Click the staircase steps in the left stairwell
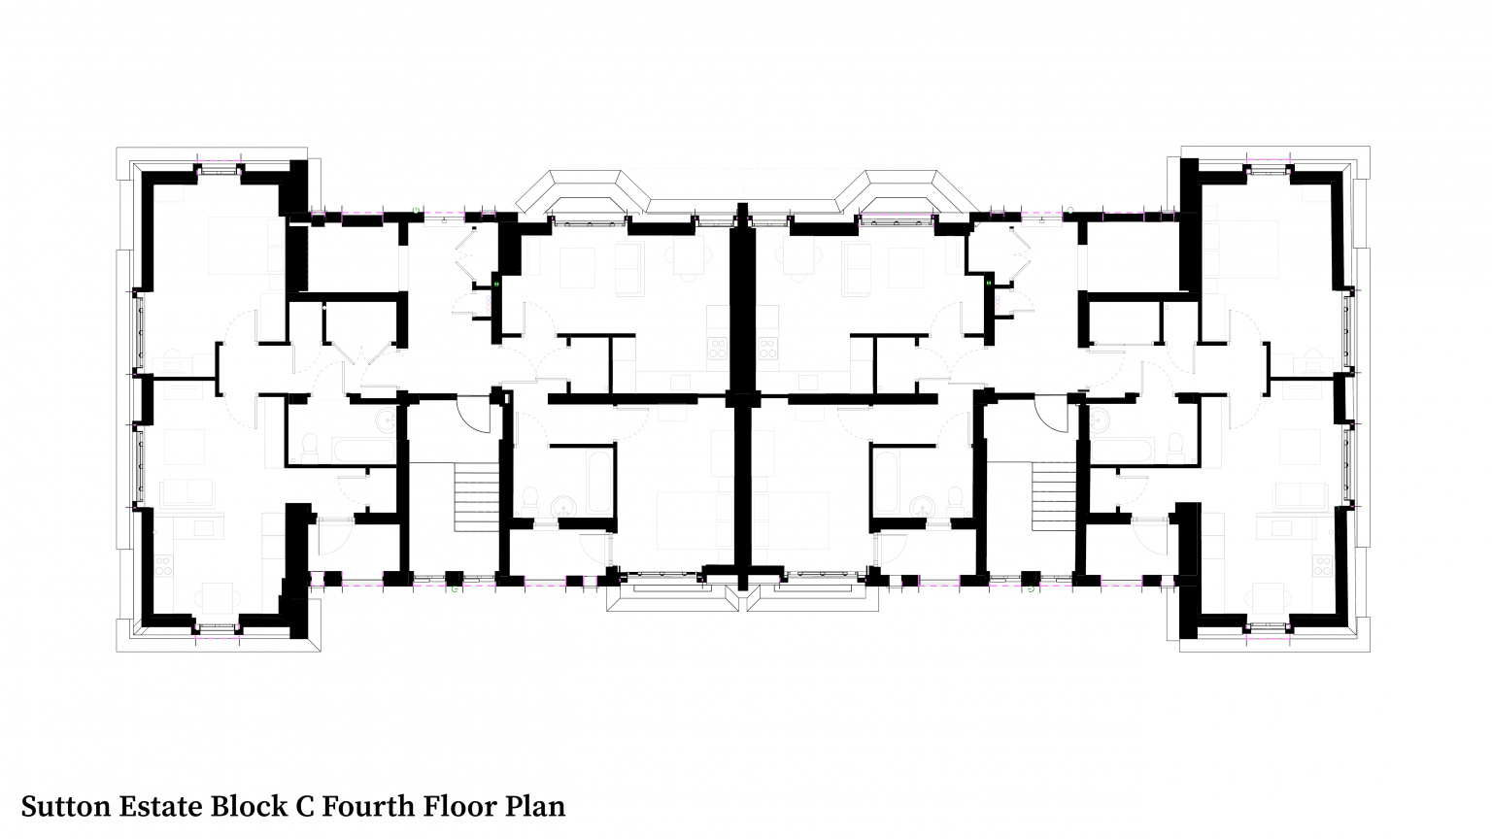pos(476,496)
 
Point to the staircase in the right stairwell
pos(1054,496)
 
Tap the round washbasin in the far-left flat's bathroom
pos(387,420)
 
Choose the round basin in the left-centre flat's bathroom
pos(561,506)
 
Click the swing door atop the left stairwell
pos(474,415)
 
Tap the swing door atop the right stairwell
pos(1051,415)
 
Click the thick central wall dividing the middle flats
pos(743,388)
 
